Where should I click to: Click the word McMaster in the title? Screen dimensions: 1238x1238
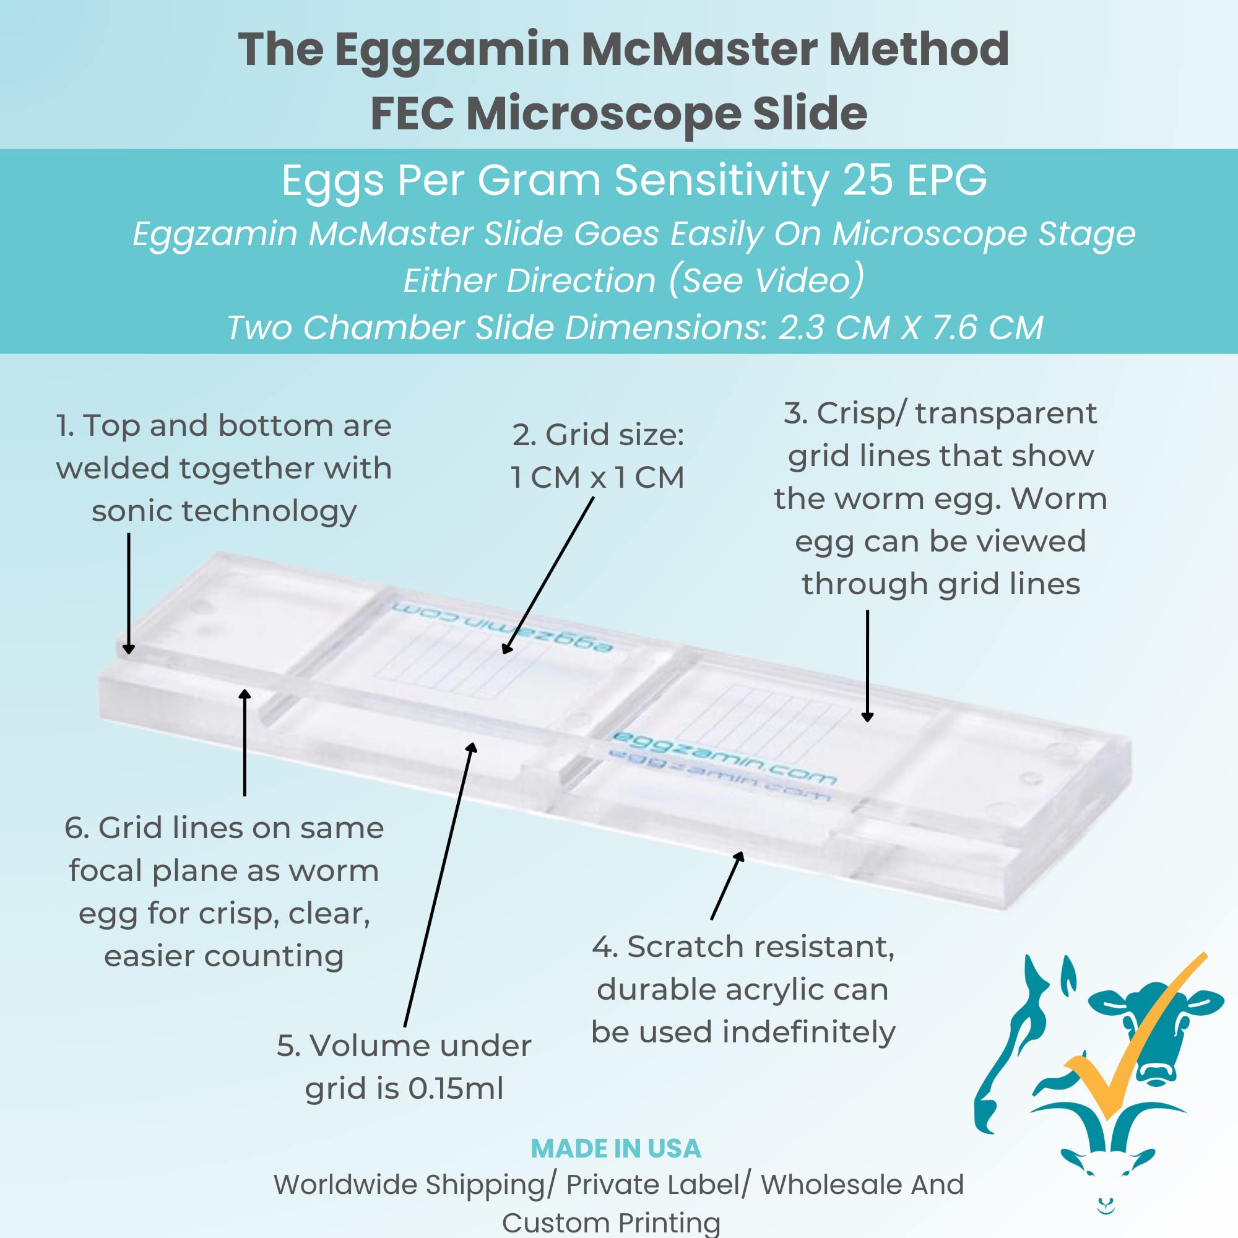tap(698, 50)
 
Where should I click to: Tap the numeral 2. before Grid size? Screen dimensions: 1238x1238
tap(524, 435)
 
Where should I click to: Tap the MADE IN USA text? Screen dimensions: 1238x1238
tap(616, 1148)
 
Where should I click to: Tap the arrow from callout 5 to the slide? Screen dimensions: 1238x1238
tap(439, 885)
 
